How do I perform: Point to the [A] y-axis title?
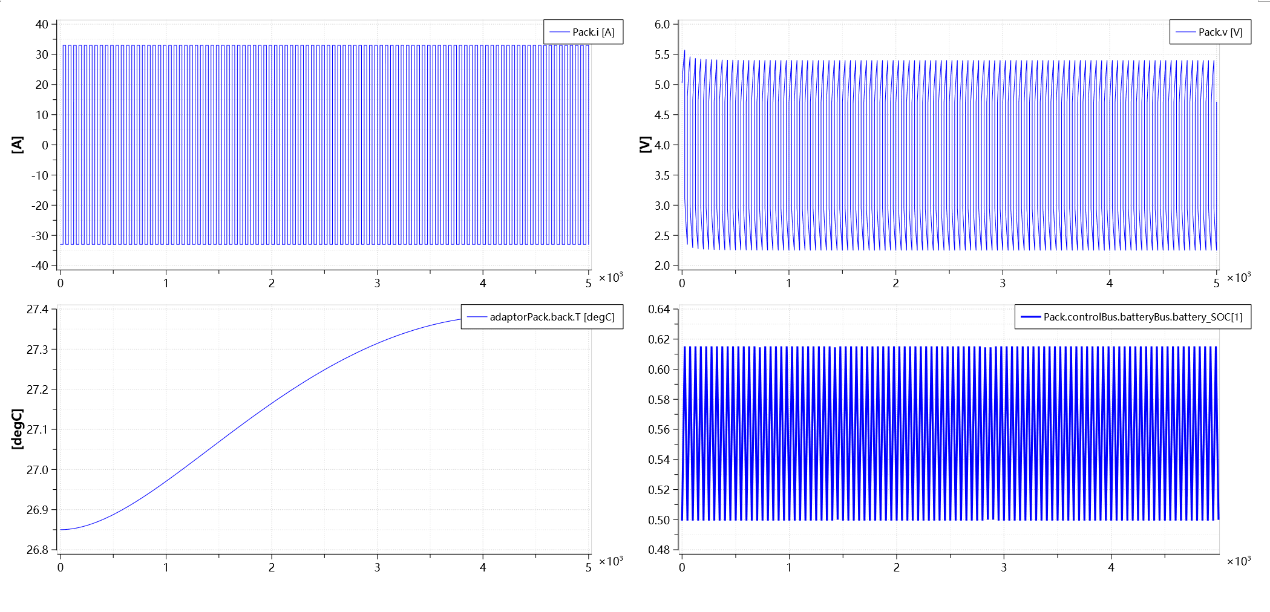click(18, 145)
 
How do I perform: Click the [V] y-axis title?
click(646, 145)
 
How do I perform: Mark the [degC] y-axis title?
click(18, 429)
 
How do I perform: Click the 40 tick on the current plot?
click(42, 24)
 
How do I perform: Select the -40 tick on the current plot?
click(40, 265)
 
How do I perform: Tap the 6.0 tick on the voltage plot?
click(662, 24)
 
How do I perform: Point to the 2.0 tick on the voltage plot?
click(662, 265)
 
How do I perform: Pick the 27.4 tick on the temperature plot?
click(38, 310)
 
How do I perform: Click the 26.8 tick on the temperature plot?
click(38, 550)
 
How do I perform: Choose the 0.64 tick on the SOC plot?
click(659, 310)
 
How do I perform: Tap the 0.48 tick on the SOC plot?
click(659, 550)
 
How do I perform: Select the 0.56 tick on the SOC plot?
click(659, 429)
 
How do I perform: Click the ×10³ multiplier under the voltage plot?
click(1239, 278)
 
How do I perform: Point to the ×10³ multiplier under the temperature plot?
click(610, 561)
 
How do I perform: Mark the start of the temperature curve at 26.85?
click(61, 530)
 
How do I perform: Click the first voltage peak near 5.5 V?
click(684, 51)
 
